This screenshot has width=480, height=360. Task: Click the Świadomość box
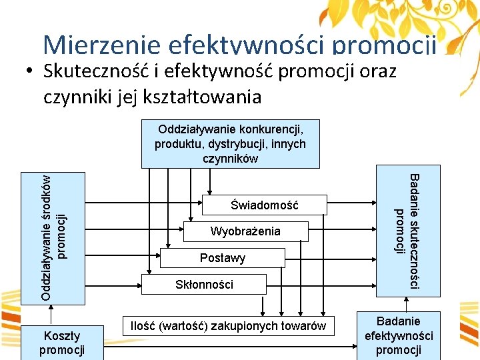(x=265, y=205)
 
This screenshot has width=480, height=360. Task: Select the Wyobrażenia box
(x=245, y=231)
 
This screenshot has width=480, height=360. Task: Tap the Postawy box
(x=223, y=258)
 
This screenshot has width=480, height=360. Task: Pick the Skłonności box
(x=203, y=285)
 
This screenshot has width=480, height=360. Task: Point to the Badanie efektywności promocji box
(x=398, y=335)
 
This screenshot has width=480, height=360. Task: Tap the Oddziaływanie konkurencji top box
(x=230, y=143)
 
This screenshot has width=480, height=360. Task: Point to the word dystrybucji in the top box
(x=227, y=143)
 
